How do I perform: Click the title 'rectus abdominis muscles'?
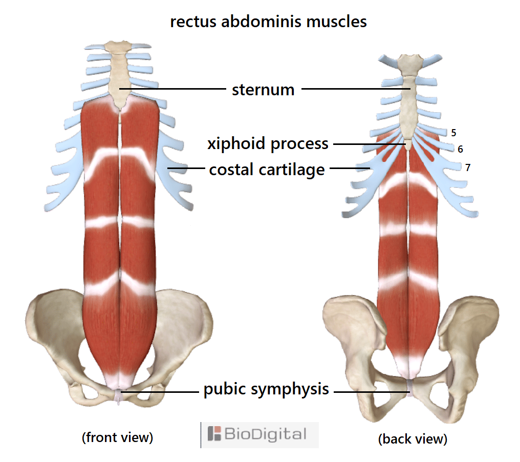click(x=268, y=22)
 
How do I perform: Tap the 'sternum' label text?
click(x=263, y=90)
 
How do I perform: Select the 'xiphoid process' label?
click(x=268, y=144)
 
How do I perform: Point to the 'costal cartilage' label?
click(x=267, y=170)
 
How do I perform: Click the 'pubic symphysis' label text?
click(x=266, y=389)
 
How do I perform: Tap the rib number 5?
click(x=453, y=133)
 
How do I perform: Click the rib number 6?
click(x=460, y=149)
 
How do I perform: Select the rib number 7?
click(x=468, y=167)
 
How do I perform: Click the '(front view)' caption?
click(x=117, y=437)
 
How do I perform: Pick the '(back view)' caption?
click(x=413, y=439)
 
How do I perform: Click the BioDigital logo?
click(x=259, y=435)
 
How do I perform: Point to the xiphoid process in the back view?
click(x=408, y=144)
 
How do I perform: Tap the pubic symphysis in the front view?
click(x=118, y=396)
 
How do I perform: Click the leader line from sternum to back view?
click(x=356, y=89)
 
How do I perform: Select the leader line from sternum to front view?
click(x=172, y=89)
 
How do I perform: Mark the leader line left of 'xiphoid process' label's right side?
click(x=370, y=144)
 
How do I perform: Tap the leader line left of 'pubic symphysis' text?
click(x=160, y=392)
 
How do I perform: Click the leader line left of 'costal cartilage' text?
click(x=186, y=169)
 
